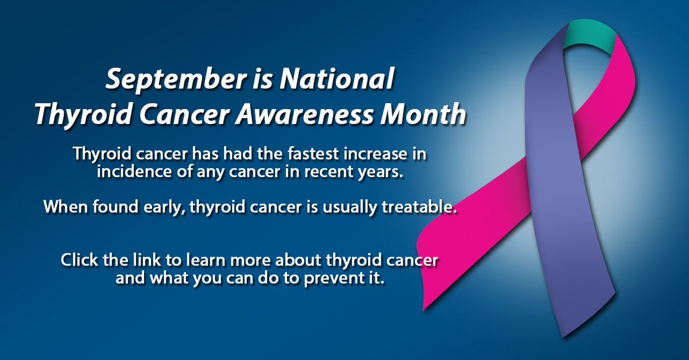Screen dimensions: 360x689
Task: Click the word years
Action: (x=375, y=174)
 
